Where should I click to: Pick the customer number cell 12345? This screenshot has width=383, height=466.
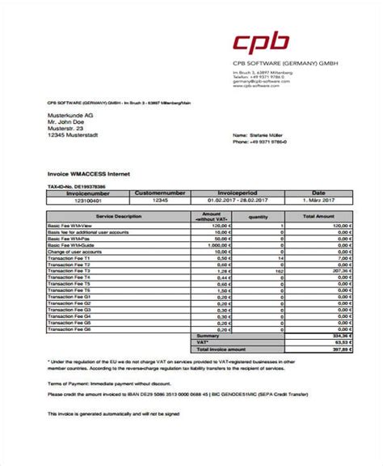pyautogui.click(x=160, y=200)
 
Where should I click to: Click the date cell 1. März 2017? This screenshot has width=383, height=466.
pyautogui.click(x=318, y=200)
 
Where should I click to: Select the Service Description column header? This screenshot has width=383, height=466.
pyautogui.click(x=117, y=216)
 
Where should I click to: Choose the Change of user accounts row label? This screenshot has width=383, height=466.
pyautogui.click(x=74, y=252)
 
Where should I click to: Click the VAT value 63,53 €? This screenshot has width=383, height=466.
pyautogui.click(x=343, y=342)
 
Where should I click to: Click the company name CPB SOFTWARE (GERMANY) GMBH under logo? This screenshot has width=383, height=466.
pyautogui.click(x=274, y=64)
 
